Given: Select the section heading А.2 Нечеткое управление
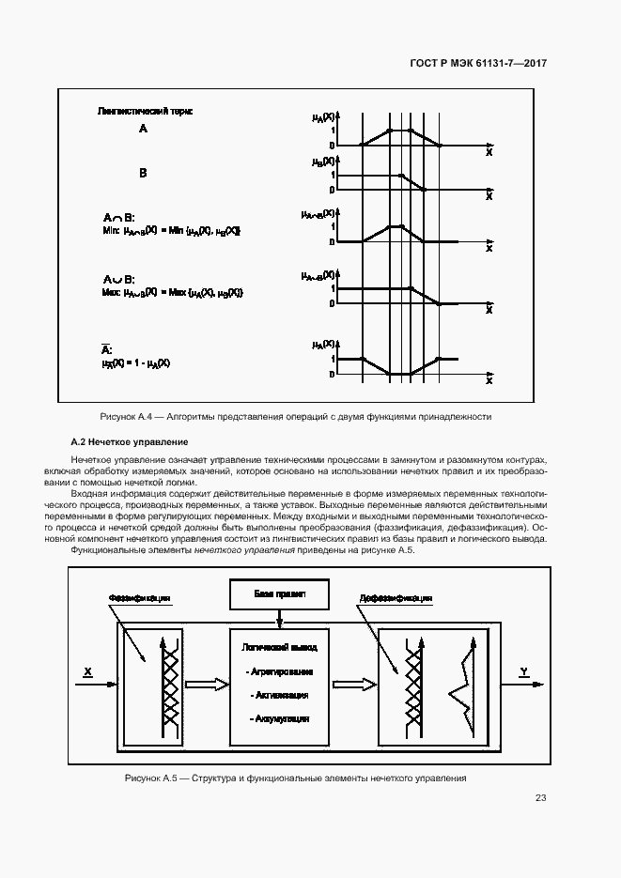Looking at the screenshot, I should click(x=130, y=441).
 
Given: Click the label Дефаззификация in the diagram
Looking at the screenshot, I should click(x=396, y=597).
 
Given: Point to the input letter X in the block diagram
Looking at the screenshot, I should click(x=87, y=671).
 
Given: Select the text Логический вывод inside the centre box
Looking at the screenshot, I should click(x=279, y=647).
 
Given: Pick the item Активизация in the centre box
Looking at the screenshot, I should click(x=279, y=695).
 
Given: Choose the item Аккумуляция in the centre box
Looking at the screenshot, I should click(x=279, y=718).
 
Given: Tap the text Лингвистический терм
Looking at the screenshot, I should click(x=146, y=111).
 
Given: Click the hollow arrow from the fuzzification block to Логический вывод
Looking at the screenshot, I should click(x=207, y=684).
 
